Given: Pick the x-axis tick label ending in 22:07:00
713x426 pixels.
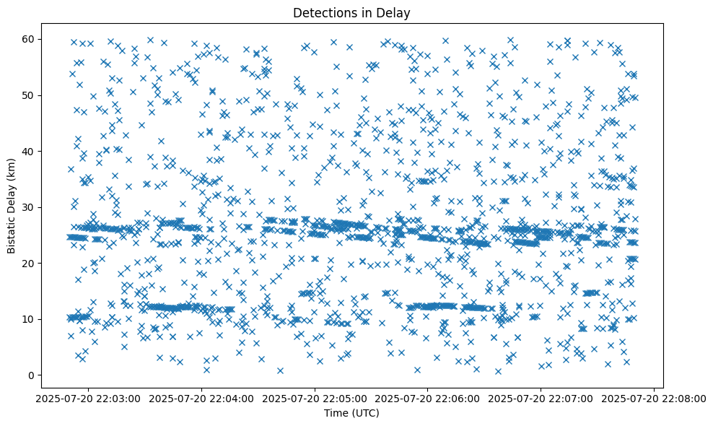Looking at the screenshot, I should tap(541, 399).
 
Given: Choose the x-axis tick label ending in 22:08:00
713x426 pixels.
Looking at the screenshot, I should tap(654, 399).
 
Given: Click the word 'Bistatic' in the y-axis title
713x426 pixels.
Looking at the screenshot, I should tap(12, 229).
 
